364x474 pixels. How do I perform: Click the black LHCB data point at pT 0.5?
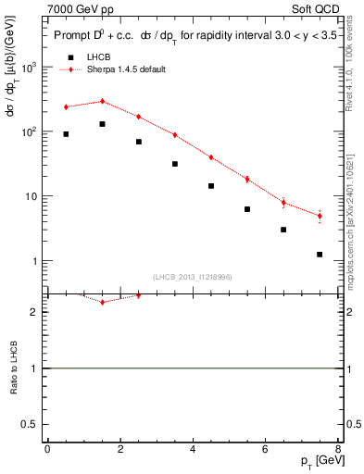click(x=66, y=134)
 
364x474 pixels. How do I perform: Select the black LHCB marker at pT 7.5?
click(x=320, y=255)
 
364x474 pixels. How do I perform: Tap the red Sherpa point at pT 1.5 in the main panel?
click(x=102, y=102)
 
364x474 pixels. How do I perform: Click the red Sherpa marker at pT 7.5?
click(x=320, y=216)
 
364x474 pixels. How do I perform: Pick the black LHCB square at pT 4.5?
click(x=211, y=186)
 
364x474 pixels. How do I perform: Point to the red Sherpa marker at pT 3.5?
click(x=175, y=135)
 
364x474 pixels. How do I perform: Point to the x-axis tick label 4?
click(x=193, y=449)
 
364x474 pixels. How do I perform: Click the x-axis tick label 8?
click(x=337, y=449)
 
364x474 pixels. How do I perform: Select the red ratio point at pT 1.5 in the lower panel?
click(x=102, y=302)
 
